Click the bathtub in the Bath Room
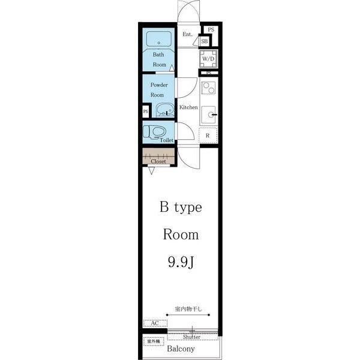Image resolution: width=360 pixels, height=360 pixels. click(159, 39)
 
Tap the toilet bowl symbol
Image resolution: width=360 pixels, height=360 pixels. click(155, 132)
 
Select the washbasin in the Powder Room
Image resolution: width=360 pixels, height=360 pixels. click(165, 110)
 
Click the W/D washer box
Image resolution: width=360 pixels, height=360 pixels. click(208, 59)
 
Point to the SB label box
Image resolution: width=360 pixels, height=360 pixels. click(205, 41)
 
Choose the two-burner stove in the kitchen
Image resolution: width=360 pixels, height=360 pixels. click(208, 88)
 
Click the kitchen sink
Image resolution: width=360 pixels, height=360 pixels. click(209, 115)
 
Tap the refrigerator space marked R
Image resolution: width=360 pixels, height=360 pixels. click(208, 136)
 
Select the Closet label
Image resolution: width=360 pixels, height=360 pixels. click(158, 161)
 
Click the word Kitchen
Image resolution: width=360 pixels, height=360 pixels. click(188, 107)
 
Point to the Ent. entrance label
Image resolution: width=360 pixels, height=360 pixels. click(188, 34)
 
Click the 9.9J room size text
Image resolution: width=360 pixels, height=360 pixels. click(181, 262)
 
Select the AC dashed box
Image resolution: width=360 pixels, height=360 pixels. click(155, 323)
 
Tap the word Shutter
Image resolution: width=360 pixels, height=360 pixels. click(192, 337)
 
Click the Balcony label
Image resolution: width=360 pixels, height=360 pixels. click(181, 349)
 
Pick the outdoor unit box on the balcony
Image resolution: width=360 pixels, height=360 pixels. click(154, 341)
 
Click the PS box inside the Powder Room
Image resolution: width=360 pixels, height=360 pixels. click(146, 112)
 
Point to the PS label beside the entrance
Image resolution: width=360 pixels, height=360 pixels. click(211, 29)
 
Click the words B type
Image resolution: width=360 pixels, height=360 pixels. click(181, 208)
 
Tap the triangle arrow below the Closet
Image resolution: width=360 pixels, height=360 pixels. click(151, 171)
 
